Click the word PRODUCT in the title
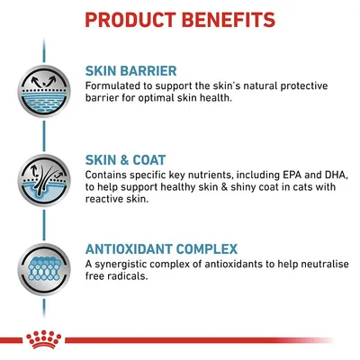tap(135, 19)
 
